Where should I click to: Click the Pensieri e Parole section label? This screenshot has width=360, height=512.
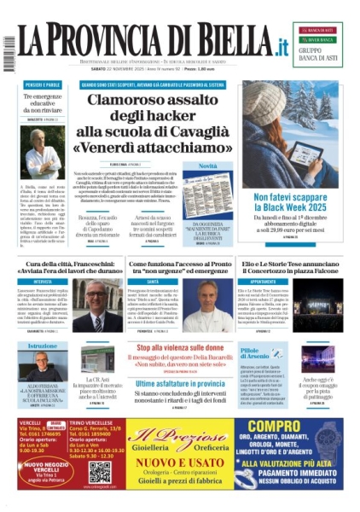44,85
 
